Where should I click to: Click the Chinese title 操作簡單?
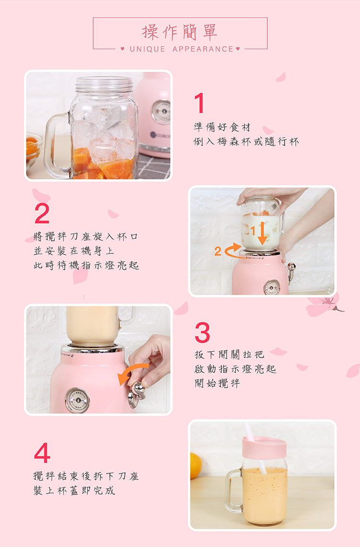tap(180, 32)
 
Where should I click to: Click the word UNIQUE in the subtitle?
tap(147, 49)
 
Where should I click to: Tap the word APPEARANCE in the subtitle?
tap(203, 49)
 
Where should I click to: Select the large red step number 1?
tap(200, 103)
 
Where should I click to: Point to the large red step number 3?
tap(203, 333)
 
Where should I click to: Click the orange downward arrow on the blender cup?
tap(263, 233)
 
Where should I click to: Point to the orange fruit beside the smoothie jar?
tap(195, 465)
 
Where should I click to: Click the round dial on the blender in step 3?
tap(77, 400)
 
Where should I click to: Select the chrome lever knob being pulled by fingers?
tap(136, 394)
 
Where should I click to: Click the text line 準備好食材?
tap(222, 127)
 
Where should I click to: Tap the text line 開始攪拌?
tap(217, 383)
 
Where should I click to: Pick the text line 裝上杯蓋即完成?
tap(74, 490)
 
